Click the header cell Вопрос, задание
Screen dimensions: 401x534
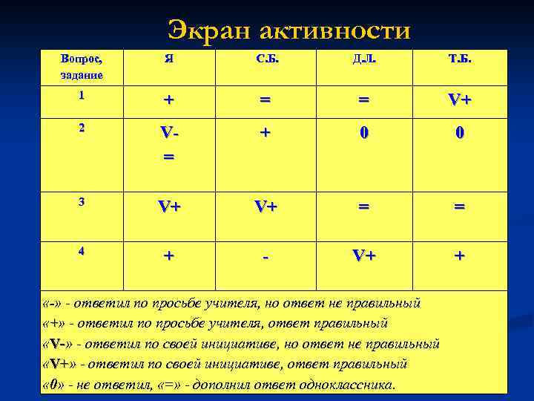click(82, 67)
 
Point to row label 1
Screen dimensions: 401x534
click(82, 95)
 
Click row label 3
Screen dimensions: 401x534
click(82, 200)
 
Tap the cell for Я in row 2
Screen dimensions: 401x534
click(169, 143)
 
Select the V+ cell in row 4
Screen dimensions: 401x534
click(363, 256)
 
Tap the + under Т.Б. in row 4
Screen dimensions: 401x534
click(460, 256)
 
